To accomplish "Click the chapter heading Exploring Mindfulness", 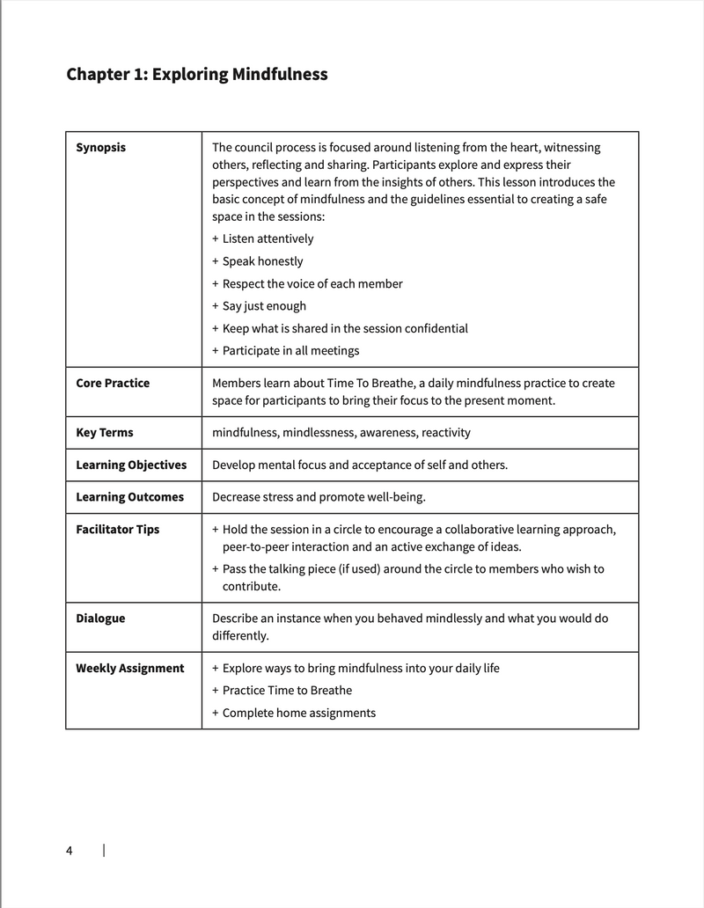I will pos(197,74).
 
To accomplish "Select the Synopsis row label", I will pos(100,147).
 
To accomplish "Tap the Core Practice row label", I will pos(113,383).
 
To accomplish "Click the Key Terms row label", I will pos(105,432).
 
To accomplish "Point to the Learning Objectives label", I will pos(131,465).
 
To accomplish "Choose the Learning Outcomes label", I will pos(129,497).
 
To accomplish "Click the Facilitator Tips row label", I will pos(117,530).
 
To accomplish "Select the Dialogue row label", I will pos(100,619).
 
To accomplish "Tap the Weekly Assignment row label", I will pos(130,668).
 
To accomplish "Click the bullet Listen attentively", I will pos(268,238).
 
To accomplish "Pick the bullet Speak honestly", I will pos(262,261).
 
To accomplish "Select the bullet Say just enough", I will pos(264,306).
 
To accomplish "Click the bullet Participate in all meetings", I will pos(290,351).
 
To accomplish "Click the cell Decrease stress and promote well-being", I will pos(319,497).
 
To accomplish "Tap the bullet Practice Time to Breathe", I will pos(287,691).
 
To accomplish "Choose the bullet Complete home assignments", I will pos(298,713).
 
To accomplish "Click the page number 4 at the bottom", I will pos(70,850).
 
